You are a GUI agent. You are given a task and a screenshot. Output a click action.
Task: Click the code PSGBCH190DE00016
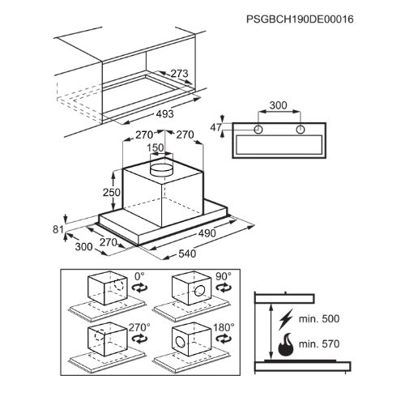point(300,19)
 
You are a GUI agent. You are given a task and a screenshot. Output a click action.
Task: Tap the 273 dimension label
point(180,74)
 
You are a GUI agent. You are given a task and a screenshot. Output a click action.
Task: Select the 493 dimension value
point(164,114)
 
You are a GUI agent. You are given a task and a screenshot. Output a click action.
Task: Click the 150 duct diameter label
point(156,147)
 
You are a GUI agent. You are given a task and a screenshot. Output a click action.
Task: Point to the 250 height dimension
point(112,193)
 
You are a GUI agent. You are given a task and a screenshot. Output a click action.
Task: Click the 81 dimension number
point(58,229)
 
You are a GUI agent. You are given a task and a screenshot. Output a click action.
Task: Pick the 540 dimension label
point(187,254)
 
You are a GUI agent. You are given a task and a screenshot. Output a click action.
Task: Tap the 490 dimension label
point(207,233)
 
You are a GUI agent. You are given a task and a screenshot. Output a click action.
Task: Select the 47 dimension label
point(215,127)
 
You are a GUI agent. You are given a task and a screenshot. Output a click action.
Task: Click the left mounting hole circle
point(258,130)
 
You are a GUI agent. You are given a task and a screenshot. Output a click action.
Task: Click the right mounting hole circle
point(301,130)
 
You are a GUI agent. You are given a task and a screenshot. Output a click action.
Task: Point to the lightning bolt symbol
point(286,319)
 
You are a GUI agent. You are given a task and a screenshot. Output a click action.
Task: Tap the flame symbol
point(286,345)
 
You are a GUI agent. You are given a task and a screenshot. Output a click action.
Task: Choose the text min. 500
point(319,319)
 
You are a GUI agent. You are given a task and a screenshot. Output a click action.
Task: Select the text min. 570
point(319,344)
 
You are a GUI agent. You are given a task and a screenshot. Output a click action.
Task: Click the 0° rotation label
point(139,276)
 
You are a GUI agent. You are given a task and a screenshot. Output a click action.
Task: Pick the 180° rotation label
point(224,327)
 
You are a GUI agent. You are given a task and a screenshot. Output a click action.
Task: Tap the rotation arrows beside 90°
point(224,288)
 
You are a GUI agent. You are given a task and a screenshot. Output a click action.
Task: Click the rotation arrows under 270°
point(139,339)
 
